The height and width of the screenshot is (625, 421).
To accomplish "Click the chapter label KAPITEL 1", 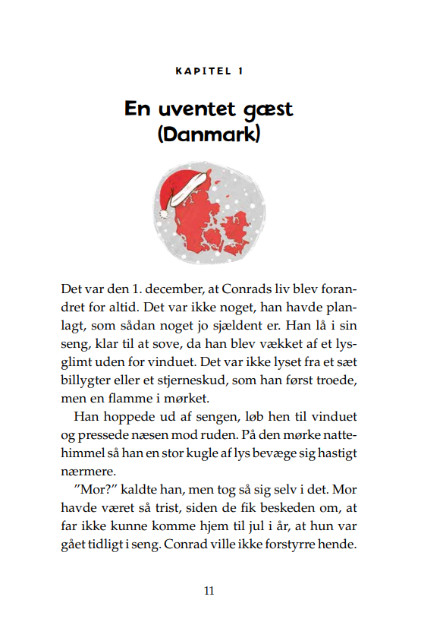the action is tap(209, 71).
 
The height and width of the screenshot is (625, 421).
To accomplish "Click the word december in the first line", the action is tap(171, 290).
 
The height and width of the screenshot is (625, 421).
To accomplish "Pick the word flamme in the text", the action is tap(137, 398).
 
